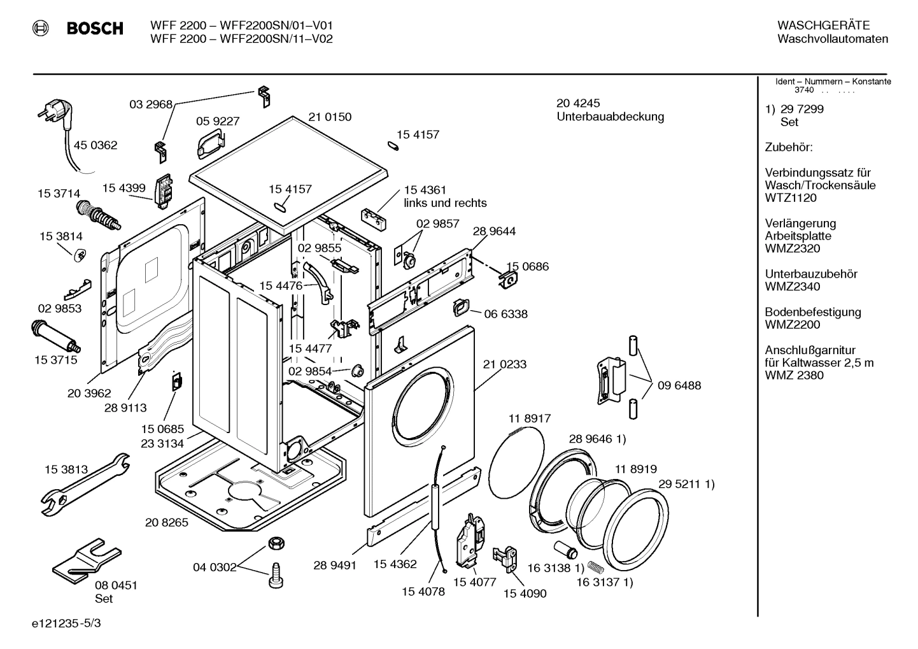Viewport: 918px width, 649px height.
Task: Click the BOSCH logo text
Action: [x=94, y=29]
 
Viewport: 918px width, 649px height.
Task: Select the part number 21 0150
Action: [x=330, y=117]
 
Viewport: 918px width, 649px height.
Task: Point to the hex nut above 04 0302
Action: [x=275, y=543]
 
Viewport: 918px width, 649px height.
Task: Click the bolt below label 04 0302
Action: [x=276, y=575]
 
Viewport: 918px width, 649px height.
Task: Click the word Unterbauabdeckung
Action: [x=610, y=117]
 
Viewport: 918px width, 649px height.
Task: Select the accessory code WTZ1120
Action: [x=791, y=198]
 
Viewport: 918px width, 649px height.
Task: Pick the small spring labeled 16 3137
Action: [x=594, y=566]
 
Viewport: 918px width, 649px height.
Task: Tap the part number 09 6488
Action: [x=679, y=385]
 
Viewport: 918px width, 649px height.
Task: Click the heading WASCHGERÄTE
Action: [x=823, y=25]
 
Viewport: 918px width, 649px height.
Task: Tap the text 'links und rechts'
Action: [x=445, y=203]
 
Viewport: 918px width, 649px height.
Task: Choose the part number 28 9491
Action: [x=335, y=565]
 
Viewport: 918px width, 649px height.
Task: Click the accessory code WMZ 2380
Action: [x=794, y=375]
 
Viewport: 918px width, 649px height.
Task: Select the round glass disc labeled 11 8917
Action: [x=518, y=460]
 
